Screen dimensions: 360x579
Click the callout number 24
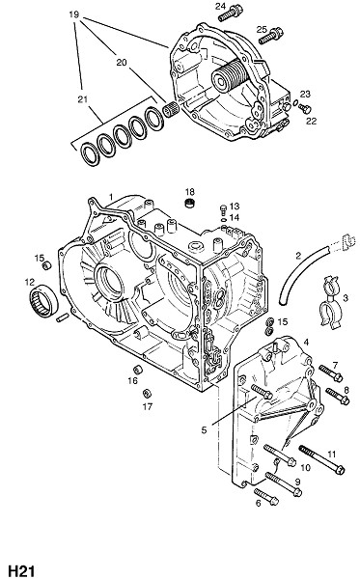coord(220,6)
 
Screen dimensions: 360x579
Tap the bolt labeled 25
coord(270,36)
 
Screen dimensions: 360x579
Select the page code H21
coord(21,570)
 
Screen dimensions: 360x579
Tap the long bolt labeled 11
coord(321,458)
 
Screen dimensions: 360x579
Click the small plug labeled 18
coord(190,203)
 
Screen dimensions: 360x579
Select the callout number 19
coord(74,14)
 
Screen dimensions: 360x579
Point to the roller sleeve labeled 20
coord(171,110)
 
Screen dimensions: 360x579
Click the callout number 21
coord(82,99)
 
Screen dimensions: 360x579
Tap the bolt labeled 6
coord(265,496)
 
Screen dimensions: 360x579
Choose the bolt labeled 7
coord(331,373)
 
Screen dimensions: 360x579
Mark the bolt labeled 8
coord(338,396)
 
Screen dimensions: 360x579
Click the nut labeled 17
coord(148,393)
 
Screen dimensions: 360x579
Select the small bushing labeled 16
coord(138,369)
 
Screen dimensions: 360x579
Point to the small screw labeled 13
coord(223,209)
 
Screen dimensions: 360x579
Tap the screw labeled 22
coord(305,108)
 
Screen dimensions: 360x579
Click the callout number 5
coord(204,429)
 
